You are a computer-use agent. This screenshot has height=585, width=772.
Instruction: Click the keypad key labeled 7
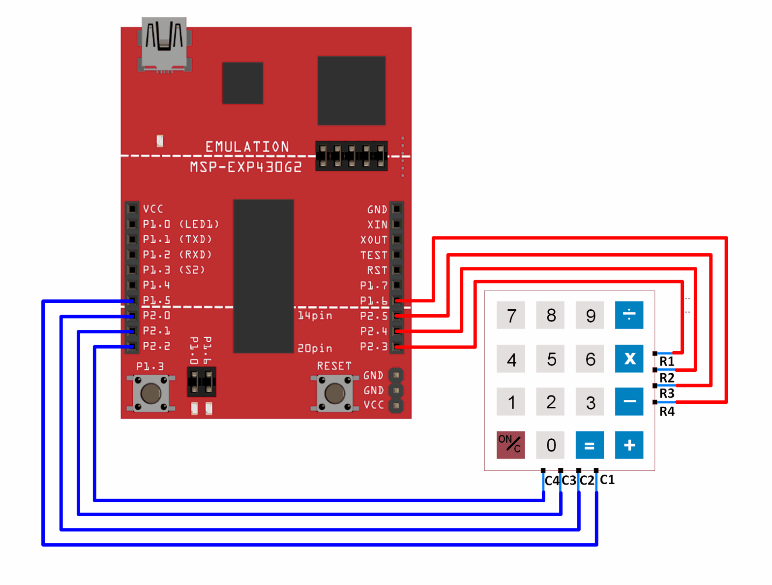point(511,315)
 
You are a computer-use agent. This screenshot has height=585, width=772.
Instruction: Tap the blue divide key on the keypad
point(629,315)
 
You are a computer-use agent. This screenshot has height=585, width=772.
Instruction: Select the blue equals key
point(589,445)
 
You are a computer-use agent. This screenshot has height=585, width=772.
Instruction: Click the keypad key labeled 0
point(551,445)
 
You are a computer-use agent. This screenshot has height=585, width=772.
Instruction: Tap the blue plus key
point(629,445)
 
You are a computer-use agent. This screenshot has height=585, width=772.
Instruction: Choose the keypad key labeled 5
point(551,359)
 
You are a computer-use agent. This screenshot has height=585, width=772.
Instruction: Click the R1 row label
point(667,361)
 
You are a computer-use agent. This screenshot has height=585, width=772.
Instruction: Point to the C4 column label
point(552,481)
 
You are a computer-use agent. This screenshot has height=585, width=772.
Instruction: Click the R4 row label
point(667,412)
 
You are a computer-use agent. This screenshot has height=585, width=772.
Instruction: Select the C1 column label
point(607,480)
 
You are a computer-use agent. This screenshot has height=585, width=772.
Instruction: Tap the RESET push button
point(334,393)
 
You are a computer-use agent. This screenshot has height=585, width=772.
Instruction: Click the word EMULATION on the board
point(247,147)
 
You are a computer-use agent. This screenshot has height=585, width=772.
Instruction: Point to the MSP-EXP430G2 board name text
point(246,167)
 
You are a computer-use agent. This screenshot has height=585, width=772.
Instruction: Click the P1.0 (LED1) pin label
point(180,225)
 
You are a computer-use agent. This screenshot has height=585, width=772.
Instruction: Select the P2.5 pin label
point(374,316)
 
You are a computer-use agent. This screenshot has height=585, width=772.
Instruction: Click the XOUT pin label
point(374,240)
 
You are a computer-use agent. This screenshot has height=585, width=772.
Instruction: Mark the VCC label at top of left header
point(153,209)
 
